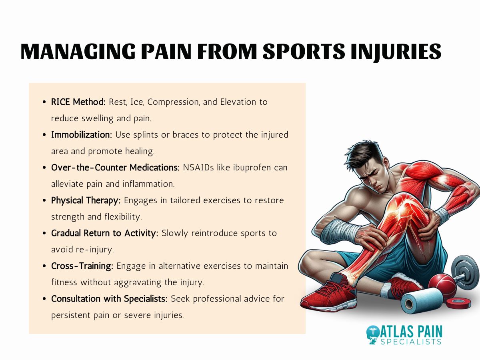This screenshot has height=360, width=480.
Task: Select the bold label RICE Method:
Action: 78,102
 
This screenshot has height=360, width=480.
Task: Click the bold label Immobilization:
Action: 82,135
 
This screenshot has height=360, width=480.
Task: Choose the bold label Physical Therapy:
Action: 86,200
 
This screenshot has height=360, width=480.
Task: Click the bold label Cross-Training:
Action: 82,266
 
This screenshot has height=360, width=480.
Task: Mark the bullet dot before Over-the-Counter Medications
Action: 44,168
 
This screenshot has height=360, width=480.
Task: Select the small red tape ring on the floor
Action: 458,303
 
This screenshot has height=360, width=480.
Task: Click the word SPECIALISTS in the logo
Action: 412,342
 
